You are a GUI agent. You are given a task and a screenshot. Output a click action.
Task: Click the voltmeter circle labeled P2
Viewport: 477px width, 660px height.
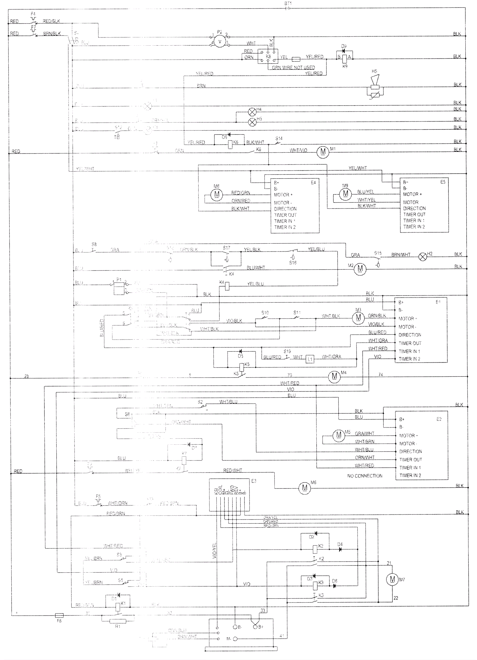coord(220,42)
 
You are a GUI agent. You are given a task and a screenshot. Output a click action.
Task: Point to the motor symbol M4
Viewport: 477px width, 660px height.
coord(334,377)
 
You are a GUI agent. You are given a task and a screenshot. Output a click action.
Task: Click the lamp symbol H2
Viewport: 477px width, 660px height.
coord(423,256)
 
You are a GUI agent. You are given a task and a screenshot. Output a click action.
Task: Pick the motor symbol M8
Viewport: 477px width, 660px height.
coord(217,194)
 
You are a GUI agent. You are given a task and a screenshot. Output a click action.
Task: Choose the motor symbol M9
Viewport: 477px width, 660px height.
coord(346,193)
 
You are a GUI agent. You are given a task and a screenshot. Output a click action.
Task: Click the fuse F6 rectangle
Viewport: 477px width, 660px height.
coord(59,615)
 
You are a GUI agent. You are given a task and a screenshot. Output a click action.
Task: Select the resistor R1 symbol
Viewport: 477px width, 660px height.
coord(118,621)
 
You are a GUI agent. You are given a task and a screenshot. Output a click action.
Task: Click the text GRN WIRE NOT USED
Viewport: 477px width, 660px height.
coord(293,68)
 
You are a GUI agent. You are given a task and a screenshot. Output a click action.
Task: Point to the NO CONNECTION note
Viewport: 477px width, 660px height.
coord(365,476)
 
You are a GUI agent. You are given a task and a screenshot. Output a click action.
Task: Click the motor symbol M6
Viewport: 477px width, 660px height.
coord(305,488)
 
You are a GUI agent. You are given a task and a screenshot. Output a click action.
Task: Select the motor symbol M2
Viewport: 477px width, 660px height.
coord(360,269)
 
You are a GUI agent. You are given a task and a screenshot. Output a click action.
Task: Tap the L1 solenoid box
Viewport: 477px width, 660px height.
coord(310,359)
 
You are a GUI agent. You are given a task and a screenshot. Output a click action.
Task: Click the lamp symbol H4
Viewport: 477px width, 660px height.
coord(252,112)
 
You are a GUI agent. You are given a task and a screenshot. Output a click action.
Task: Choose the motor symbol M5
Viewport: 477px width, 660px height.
coord(338,435)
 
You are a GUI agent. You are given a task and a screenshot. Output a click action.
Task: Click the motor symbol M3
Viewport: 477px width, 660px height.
coord(358,317)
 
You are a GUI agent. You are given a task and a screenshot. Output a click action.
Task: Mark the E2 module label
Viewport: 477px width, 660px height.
coord(439,419)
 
